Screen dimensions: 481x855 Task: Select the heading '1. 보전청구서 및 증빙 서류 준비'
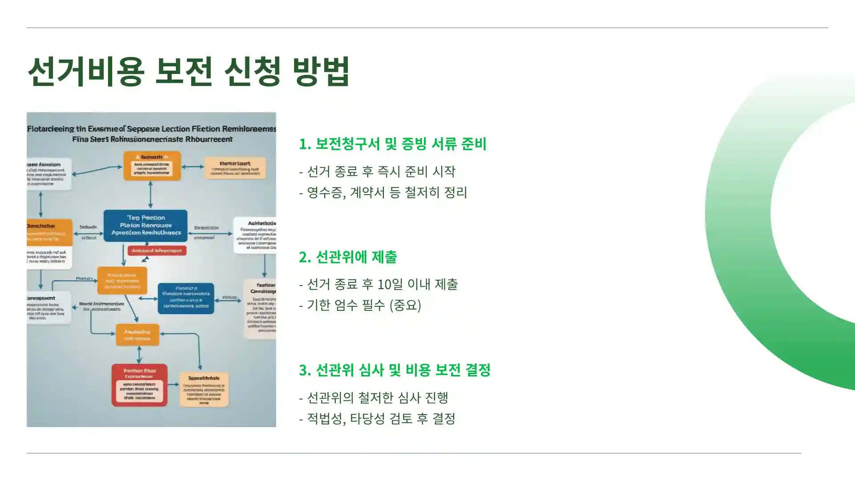pos(392,144)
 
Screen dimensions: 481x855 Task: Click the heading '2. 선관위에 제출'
pos(347,257)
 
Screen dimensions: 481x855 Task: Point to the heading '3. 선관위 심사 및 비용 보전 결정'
pos(395,370)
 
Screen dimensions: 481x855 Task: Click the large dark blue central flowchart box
pos(146,225)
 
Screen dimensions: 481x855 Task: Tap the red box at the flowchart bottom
pos(139,385)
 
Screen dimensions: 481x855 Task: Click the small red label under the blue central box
pos(157,251)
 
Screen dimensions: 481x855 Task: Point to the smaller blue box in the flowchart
pos(186,298)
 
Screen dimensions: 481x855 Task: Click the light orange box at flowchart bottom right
pos(204,389)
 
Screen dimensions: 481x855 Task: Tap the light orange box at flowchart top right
pos(235,168)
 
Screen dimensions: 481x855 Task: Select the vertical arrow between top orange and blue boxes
pos(151,195)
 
